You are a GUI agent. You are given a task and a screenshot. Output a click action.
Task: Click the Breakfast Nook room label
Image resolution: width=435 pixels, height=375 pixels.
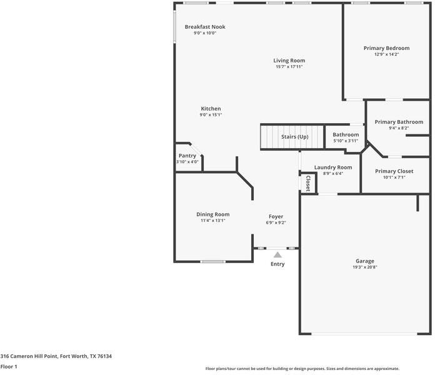(205, 27)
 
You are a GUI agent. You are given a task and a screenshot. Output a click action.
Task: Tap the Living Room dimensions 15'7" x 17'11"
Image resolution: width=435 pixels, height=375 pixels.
(289, 67)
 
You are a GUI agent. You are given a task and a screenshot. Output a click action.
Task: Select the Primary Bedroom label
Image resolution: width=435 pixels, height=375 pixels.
(386, 48)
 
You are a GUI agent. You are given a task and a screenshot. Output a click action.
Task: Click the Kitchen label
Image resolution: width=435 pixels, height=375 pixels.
(210, 109)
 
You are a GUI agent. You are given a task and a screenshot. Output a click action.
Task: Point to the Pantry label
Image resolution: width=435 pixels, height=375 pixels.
(187, 156)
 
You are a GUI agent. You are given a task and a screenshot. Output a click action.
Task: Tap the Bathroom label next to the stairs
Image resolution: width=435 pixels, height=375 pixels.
(346, 134)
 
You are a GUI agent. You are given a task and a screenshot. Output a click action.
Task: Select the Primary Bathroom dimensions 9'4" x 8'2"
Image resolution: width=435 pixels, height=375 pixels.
(399, 128)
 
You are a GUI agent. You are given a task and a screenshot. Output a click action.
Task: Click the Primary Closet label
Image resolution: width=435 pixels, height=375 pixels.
(394, 171)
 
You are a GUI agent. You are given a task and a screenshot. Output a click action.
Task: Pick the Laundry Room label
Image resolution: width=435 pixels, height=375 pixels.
(332, 167)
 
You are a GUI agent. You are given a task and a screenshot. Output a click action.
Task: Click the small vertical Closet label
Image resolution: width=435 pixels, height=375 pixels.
(308, 182)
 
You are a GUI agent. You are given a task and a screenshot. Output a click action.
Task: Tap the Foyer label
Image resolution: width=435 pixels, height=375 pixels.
(276, 216)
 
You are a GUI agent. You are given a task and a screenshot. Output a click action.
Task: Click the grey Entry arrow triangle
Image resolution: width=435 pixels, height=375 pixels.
(277, 254)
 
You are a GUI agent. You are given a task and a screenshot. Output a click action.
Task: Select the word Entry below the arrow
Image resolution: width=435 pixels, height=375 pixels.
(277, 264)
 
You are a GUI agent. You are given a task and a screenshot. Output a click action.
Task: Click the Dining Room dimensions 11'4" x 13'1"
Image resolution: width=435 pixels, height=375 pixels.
(213, 221)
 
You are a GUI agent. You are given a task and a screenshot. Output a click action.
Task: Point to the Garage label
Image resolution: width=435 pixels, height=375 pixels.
(365, 261)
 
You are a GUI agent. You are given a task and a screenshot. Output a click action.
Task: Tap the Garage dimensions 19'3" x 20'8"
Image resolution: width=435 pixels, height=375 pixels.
(365, 267)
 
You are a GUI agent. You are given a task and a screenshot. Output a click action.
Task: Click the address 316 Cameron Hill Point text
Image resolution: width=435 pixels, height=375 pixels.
(56, 356)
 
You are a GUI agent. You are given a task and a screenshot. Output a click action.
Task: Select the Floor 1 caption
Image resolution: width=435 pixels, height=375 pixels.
(9, 366)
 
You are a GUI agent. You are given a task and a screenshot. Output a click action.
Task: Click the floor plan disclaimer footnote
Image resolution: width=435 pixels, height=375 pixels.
(302, 369)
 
